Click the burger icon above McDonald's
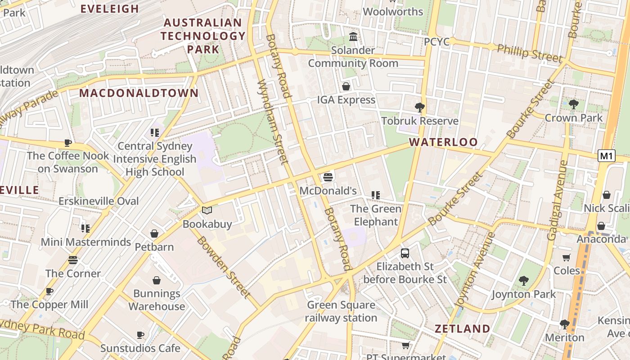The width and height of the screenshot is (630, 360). click(328, 177)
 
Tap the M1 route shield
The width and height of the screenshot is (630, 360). click(607, 156)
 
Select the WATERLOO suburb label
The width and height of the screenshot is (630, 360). click(443, 142)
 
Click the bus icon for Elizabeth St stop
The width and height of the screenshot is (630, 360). click(405, 253)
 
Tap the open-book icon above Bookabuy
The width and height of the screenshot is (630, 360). click(207, 211)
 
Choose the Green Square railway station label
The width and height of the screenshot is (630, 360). click(341, 311)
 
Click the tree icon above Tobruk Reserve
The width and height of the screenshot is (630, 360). click(420, 108)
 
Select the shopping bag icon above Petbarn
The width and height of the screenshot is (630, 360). click(154, 234)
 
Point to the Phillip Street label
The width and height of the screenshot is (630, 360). click(530, 54)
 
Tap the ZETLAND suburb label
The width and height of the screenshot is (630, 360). click(462, 329)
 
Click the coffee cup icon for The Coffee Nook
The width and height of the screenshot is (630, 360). click(68, 143)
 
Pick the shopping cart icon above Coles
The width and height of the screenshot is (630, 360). click(567, 258)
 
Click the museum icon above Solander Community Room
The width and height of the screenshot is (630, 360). click(353, 36)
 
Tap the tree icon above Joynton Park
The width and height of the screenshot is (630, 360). click(523, 281)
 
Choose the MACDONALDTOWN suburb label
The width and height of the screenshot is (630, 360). click(139, 93)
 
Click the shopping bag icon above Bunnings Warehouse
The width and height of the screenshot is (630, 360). click(157, 281)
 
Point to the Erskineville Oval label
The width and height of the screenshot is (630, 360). click(99, 201)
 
